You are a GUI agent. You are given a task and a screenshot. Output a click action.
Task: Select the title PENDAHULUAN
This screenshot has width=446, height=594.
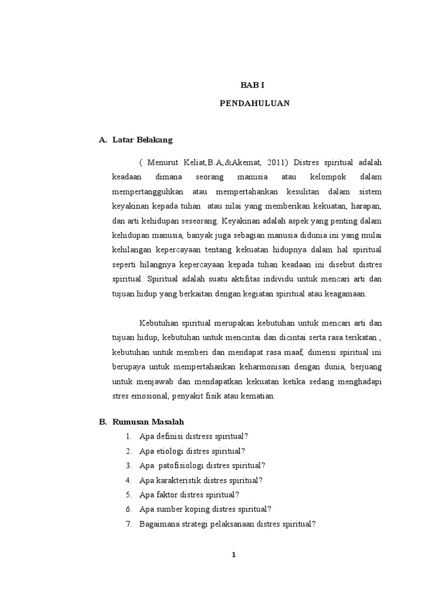click(x=254, y=104)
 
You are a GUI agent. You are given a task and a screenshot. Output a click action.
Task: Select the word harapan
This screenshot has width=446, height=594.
click(x=366, y=206)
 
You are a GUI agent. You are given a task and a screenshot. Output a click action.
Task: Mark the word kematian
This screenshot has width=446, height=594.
click(x=262, y=397)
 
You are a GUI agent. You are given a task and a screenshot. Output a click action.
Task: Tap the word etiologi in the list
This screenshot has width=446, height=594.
click(x=167, y=451)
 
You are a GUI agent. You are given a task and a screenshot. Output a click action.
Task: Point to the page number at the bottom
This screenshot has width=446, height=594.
click(x=233, y=555)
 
